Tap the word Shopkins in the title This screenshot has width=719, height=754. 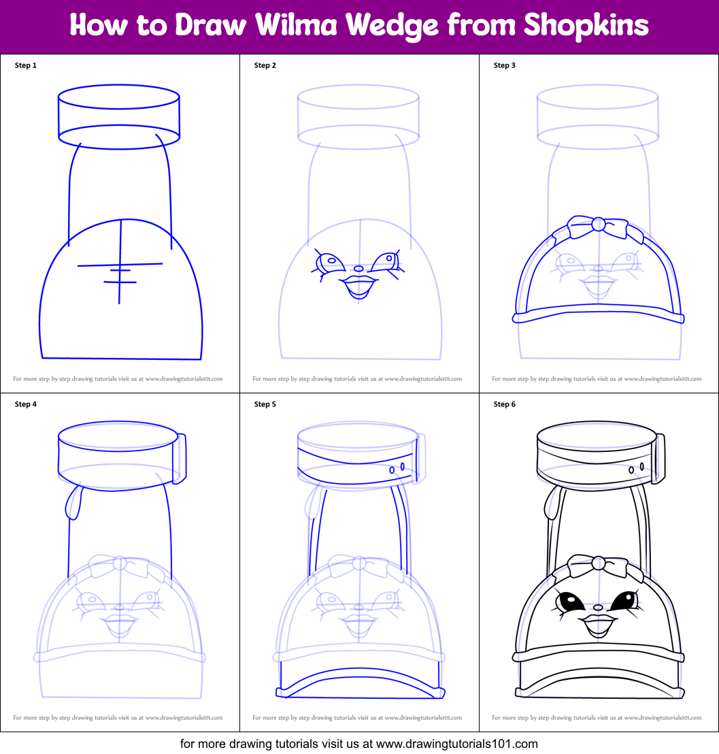pyautogui.click(x=586, y=26)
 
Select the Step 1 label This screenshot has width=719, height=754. pyautogui.click(x=26, y=65)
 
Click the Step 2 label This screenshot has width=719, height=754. pyautogui.click(x=265, y=65)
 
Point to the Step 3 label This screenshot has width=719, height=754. pyautogui.click(x=505, y=65)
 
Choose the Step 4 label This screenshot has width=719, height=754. pyautogui.click(x=26, y=404)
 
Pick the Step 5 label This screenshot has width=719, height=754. pyautogui.click(x=265, y=404)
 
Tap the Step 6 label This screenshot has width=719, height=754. pyautogui.click(x=505, y=404)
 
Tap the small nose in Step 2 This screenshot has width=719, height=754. pyautogui.click(x=358, y=268)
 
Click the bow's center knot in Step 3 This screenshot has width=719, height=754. pyautogui.click(x=599, y=224)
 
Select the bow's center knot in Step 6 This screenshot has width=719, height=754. pyautogui.click(x=599, y=563)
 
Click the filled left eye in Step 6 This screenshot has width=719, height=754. pyautogui.click(x=570, y=602)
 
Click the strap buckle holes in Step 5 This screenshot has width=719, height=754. pyautogui.click(x=397, y=468)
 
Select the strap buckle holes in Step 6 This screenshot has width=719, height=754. pyautogui.click(x=637, y=468)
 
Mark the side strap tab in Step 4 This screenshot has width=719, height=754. pyautogui.click(x=180, y=458)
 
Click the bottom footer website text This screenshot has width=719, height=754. pyautogui.click(x=359, y=743)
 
